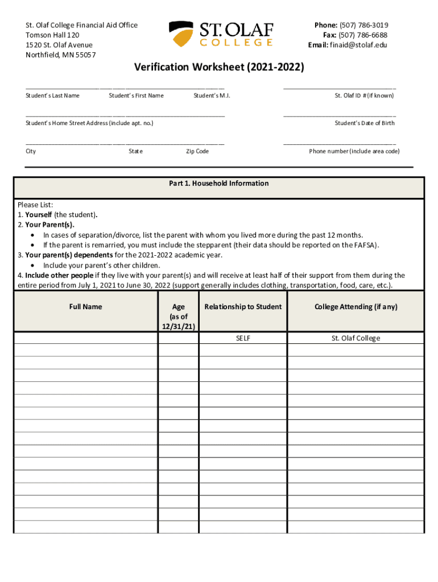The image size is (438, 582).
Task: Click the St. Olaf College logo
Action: (x=221, y=34)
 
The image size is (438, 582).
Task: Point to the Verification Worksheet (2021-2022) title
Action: (x=219, y=68)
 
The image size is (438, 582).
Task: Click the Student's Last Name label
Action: (x=52, y=95)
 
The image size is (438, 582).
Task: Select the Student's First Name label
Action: (x=136, y=95)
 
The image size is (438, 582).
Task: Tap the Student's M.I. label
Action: (x=212, y=95)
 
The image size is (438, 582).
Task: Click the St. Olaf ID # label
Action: (x=364, y=95)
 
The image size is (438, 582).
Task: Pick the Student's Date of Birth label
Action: (x=365, y=123)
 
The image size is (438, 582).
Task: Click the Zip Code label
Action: (x=197, y=151)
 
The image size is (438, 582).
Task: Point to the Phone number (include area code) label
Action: (x=354, y=151)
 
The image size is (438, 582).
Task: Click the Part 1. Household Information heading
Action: (x=219, y=184)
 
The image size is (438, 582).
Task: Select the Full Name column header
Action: (x=85, y=307)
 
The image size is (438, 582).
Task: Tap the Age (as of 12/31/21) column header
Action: (x=178, y=317)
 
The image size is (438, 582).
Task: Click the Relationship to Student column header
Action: (x=243, y=307)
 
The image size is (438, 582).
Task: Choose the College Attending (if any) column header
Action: (x=356, y=307)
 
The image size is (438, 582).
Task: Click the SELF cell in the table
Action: (x=243, y=338)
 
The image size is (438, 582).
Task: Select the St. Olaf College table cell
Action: (x=356, y=338)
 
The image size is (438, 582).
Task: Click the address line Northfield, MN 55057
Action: (x=61, y=55)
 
